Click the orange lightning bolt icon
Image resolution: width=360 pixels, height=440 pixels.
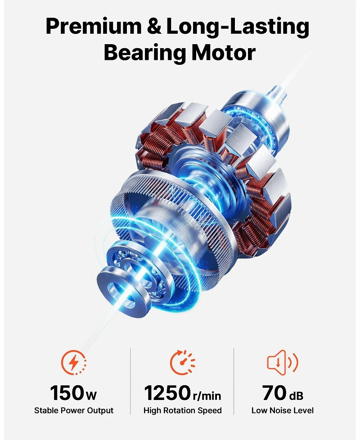coord(74,362)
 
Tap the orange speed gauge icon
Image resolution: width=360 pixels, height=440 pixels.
coord(182,362)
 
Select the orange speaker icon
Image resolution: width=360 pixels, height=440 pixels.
coord(283,362)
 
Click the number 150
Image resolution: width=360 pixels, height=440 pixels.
coord(66,393)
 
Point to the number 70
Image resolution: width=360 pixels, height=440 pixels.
coord(274,393)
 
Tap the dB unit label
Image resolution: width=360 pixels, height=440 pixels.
coord(296,395)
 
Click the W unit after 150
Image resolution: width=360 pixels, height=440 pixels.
coord(91,396)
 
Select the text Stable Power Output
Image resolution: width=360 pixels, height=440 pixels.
coord(74,410)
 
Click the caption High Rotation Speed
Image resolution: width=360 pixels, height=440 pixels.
coord(182,410)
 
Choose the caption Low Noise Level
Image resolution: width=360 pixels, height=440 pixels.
coord(283,410)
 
